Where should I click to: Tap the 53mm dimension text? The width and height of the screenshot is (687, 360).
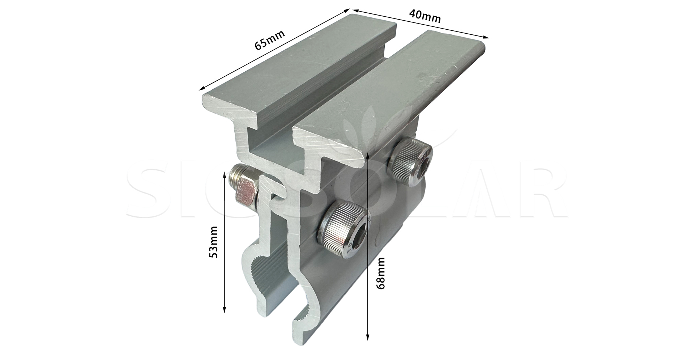click(x=214, y=241)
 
